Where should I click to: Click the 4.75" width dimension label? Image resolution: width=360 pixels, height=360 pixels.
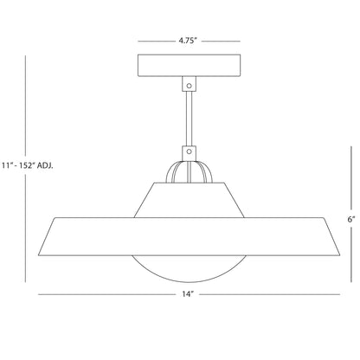[x=187, y=39]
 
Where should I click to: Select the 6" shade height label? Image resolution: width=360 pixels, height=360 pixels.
[x=350, y=220]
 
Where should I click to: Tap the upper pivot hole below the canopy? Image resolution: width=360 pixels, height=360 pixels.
[x=188, y=85]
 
